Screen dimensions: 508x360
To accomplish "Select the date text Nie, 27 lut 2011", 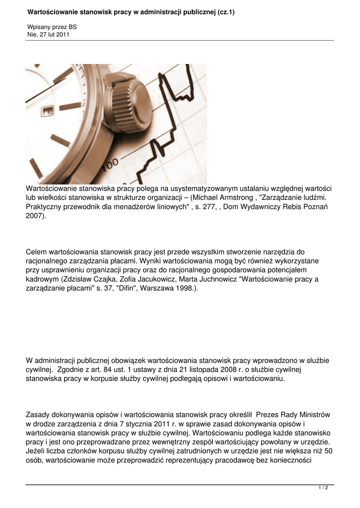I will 48,35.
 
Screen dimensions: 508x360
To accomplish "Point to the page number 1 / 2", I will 323,488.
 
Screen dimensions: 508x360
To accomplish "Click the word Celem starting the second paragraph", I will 36,252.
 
